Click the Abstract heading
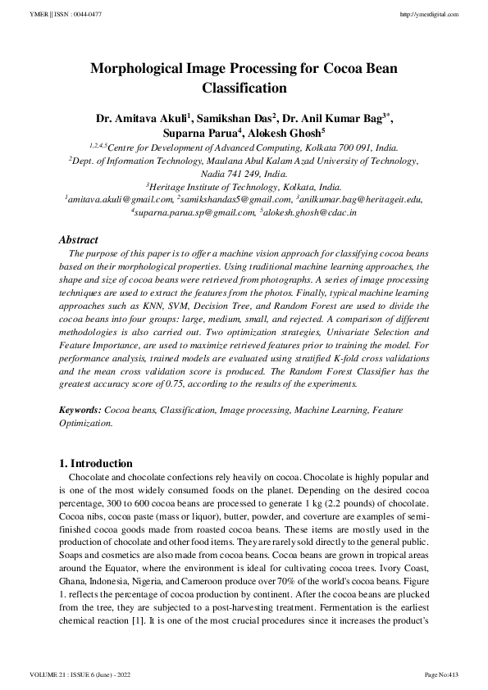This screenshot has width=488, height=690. [x=79, y=240]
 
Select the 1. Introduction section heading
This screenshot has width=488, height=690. [x=97, y=463]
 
